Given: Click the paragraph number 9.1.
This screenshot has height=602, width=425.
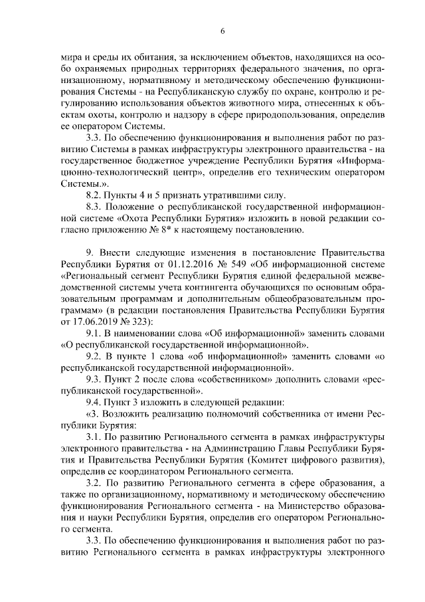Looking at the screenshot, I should (x=97, y=332).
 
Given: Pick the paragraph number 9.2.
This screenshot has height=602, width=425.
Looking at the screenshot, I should (x=97, y=356).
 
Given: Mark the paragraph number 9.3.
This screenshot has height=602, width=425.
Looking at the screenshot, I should (x=97, y=380).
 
